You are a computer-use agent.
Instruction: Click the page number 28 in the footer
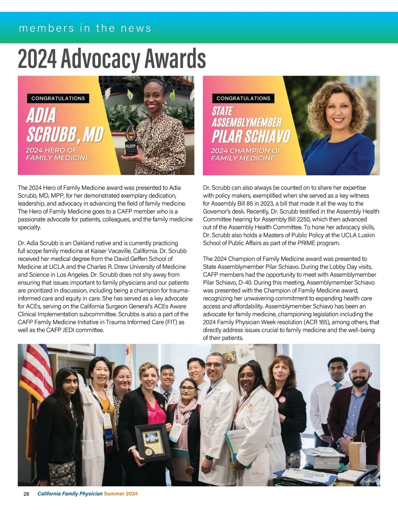click(x=26, y=494)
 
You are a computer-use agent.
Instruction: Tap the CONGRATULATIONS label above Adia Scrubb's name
click(x=58, y=98)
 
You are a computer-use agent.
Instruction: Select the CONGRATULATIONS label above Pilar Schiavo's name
click(x=243, y=98)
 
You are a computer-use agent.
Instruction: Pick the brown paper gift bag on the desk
click(x=357, y=454)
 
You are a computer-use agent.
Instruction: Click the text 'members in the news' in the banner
click(x=85, y=28)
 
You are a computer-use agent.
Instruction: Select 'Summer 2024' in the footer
click(x=121, y=494)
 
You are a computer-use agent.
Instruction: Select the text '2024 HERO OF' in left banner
click(x=51, y=150)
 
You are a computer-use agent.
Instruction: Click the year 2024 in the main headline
click(x=37, y=59)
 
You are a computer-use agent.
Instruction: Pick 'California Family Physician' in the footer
click(x=70, y=494)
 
